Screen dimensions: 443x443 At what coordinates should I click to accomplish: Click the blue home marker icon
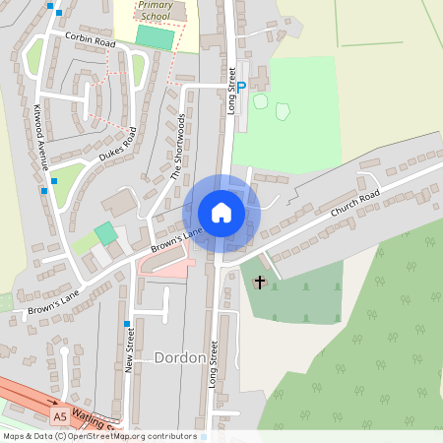click(x=221, y=213)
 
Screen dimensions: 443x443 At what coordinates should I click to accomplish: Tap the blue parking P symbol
click(x=240, y=88)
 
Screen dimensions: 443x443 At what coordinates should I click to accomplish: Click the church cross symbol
click(x=260, y=283)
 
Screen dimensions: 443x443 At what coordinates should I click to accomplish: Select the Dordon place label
click(x=179, y=358)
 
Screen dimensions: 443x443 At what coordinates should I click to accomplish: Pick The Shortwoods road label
click(x=178, y=146)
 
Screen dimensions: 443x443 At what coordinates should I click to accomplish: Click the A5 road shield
click(x=60, y=416)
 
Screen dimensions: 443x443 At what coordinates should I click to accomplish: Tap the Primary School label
click(x=154, y=10)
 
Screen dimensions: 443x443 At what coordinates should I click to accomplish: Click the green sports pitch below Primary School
click(x=155, y=37)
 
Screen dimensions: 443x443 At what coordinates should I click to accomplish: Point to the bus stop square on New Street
click(x=127, y=323)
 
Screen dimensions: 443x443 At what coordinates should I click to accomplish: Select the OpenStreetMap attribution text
click(x=99, y=435)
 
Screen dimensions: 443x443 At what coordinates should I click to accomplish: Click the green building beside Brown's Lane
click(x=104, y=234)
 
